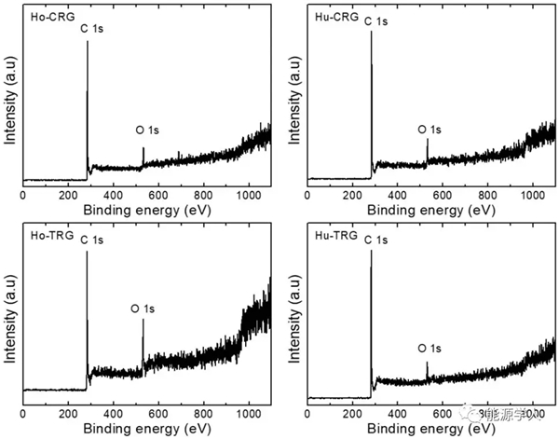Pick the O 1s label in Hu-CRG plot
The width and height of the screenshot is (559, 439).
point(434,130)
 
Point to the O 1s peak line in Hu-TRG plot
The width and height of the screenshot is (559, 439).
point(428,370)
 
